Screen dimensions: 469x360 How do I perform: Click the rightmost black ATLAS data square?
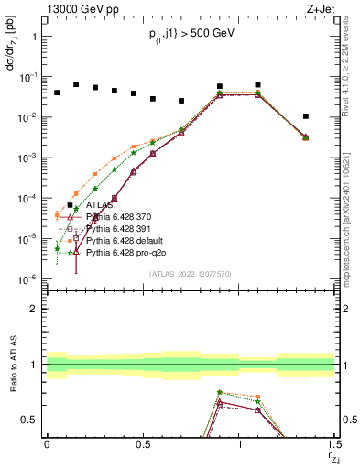tap(306, 116)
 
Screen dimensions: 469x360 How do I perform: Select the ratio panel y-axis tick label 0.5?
tap(30, 420)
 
